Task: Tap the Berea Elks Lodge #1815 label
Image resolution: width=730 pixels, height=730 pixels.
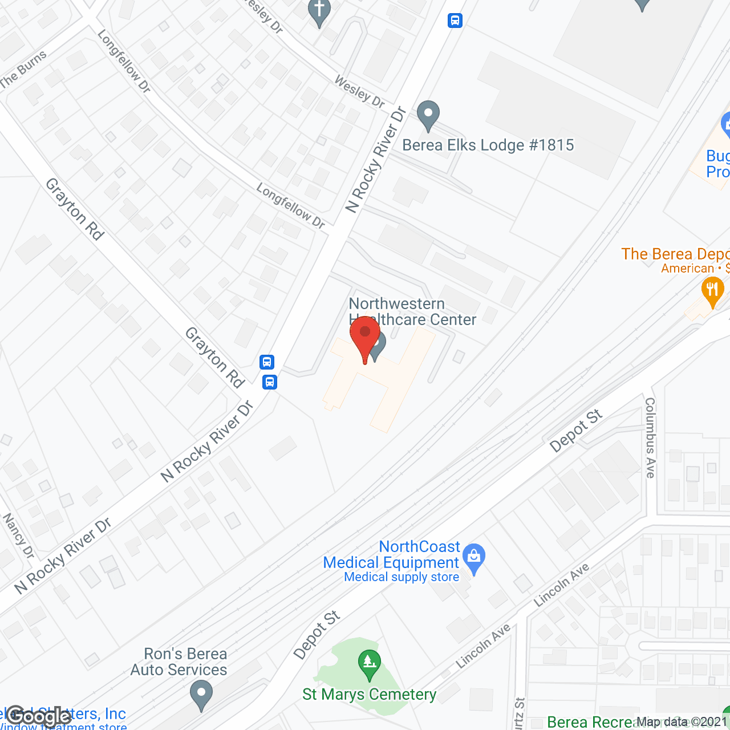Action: click(x=488, y=145)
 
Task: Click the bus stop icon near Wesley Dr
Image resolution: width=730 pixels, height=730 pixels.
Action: click(x=455, y=21)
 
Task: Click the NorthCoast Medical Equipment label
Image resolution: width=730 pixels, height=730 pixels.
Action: click(x=391, y=555)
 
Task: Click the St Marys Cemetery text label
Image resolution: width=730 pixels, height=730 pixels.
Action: click(x=369, y=695)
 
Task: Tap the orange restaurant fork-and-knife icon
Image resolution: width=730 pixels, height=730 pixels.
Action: click(x=712, y=291)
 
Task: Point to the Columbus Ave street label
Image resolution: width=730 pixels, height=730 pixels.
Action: click(x=650, y=437)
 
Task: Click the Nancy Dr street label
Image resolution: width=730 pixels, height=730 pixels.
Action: click(x=19, y=536)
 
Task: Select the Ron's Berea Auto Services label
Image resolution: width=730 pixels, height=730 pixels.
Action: click(x=179, y=662)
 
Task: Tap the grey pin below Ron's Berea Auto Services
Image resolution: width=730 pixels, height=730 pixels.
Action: click(x=201, y=696)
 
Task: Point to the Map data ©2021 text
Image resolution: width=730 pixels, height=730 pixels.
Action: click(x=682, y=722)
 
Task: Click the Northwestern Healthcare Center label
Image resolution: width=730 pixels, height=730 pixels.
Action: click(x=412, y=311)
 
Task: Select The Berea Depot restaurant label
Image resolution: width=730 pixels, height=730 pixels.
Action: click(x=675, y=254)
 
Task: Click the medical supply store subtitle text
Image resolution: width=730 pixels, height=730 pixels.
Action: click(x=401, y=577)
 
